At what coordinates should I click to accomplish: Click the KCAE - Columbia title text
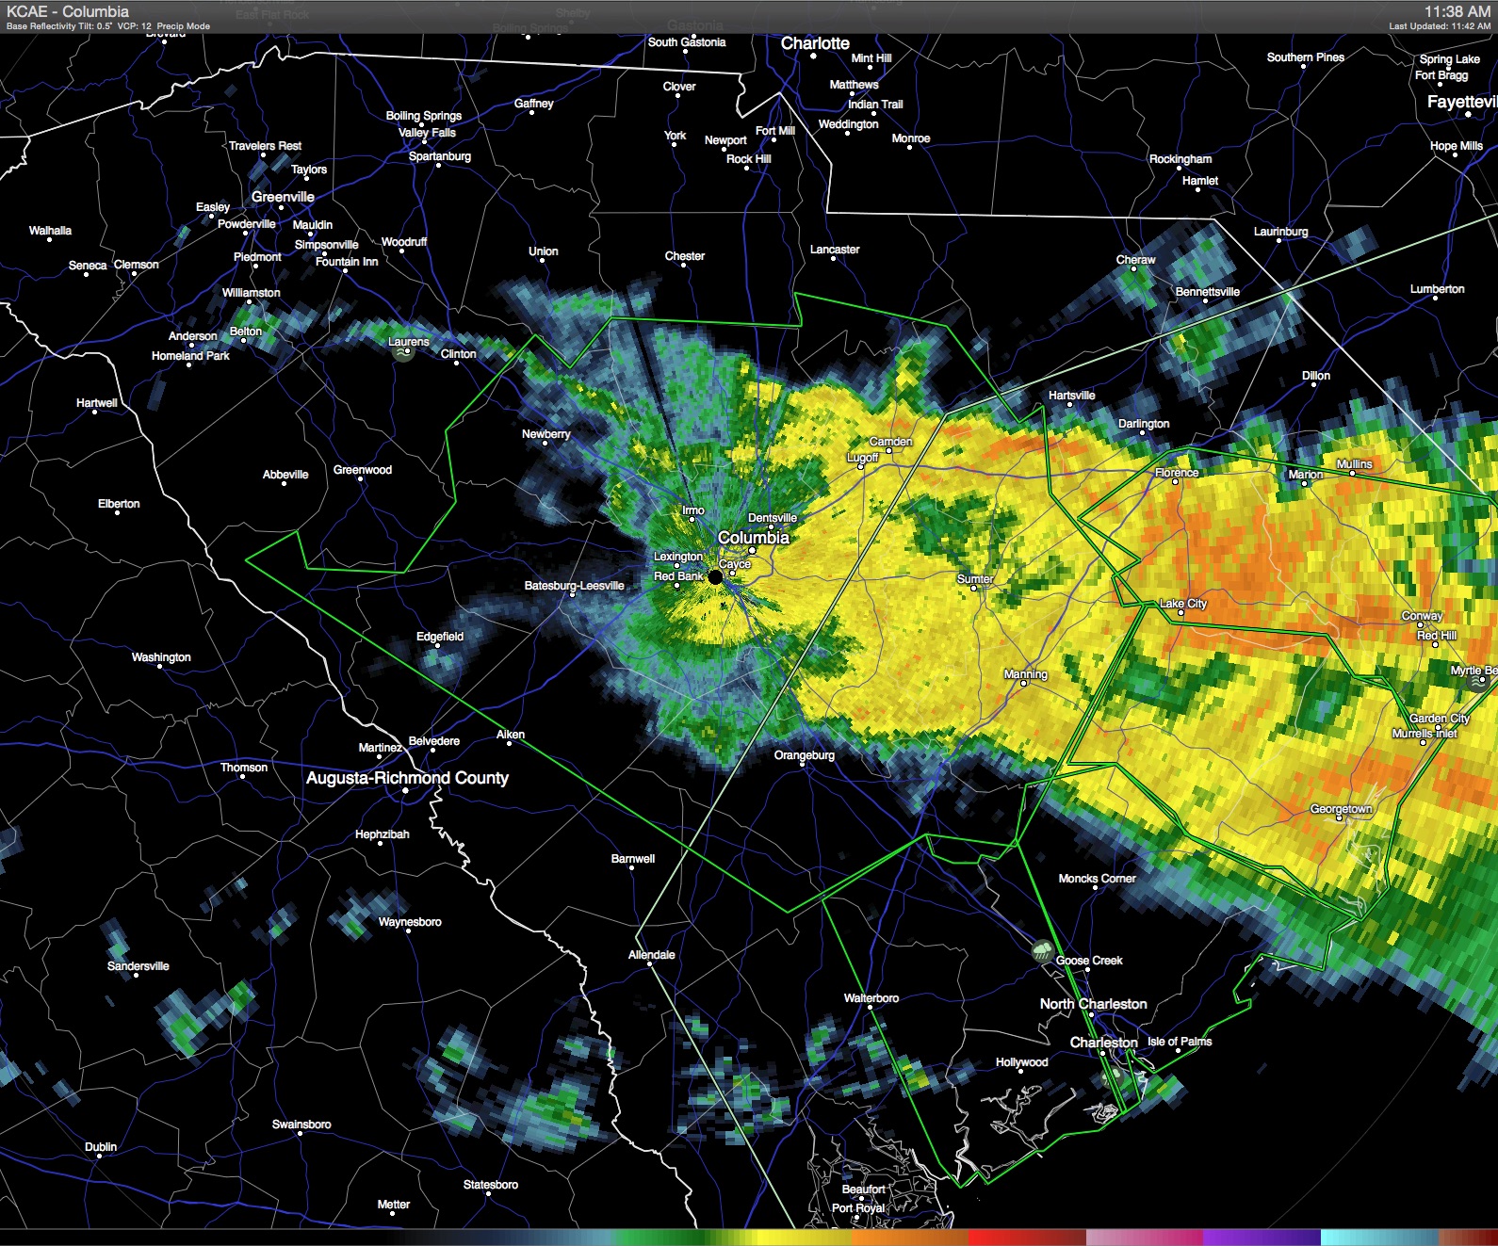[68, 11]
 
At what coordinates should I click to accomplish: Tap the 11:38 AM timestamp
[1457, 11]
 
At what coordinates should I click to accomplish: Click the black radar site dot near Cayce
[715, 577]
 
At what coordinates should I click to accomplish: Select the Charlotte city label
[815, 43]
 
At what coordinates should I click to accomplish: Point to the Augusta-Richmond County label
[407, 778]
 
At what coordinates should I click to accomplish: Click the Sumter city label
[975, 579]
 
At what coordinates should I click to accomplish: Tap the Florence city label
[1177, 473]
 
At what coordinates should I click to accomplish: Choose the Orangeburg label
[805, 755]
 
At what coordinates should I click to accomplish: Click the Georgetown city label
[1341, 809]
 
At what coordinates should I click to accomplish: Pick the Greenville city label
[283, 197]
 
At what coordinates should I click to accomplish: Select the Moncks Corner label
[1097, 879]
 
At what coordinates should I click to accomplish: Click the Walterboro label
[871, 998]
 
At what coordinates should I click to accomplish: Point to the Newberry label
[546, 434]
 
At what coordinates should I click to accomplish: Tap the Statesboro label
[491, 1185]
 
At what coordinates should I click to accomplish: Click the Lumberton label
[1437, 289]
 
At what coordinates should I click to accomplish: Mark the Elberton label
[119, 504]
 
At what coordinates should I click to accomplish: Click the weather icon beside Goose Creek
[1043, 951]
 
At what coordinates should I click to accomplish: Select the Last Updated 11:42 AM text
[1440, 26]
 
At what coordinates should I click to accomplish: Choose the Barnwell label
[633, 859]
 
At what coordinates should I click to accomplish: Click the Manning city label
[1025, 674]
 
